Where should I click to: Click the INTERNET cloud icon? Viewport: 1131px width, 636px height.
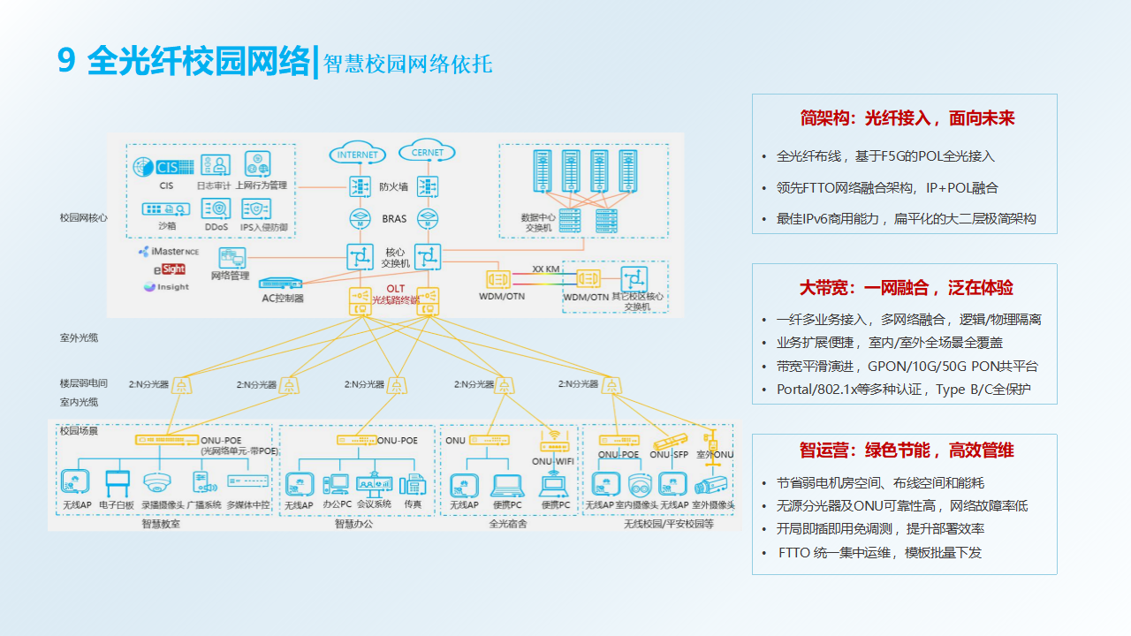point(358,154)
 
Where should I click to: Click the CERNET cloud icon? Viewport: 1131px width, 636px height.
point(428,153)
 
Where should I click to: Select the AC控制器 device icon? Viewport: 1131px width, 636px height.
point(281,284)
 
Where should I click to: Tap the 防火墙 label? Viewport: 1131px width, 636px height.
point(393,186)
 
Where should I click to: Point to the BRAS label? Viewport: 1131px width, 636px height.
point(394,218)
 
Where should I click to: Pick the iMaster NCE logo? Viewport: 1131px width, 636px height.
point(169,252)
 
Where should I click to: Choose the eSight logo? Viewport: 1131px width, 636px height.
point(170,269)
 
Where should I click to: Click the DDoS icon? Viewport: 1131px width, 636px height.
point(216,208)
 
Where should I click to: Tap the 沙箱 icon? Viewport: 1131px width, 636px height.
point(166,208)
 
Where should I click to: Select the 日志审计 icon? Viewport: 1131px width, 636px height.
point(215,165)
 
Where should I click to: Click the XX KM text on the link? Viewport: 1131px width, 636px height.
point(545,269)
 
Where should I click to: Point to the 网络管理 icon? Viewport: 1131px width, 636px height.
point(232,258)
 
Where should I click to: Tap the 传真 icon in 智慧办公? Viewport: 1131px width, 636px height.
point(413,484)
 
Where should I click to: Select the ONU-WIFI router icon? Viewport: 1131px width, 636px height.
point(553,441)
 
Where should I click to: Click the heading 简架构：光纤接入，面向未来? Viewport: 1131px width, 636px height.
point(906,118)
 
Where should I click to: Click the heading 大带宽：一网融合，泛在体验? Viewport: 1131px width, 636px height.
point(906,288)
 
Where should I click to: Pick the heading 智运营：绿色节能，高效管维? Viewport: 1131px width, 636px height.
point(906,450)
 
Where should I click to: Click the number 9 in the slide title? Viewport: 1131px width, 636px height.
point(66,61)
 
